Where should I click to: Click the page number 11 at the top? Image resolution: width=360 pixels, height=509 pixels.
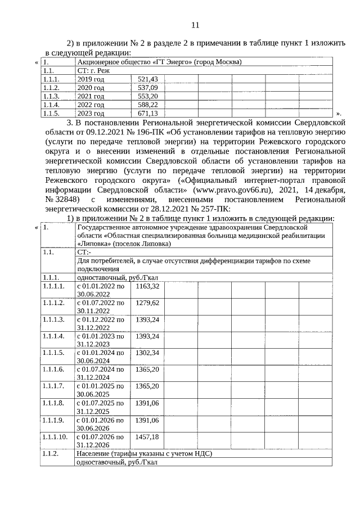coord(195,25)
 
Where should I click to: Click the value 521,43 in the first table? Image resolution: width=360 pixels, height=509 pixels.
coord(148,79)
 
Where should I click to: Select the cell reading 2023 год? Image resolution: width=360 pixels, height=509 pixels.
coord(91,113)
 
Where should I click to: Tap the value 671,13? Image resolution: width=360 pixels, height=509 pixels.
coord(148,113)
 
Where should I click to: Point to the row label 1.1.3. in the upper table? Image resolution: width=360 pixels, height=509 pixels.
coord(51,96)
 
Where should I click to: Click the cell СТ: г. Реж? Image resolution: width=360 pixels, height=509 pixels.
coord(93,71)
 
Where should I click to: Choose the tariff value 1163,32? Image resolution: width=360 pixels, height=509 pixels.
coord(148,286)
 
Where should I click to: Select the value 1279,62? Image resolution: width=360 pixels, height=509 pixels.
coord(148,303)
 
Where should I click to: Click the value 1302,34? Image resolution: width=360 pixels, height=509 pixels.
coord(148,353)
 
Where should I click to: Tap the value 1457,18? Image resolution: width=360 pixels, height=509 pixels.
coord(148,436)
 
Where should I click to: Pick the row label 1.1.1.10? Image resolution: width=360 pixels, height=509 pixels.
coord(55,436)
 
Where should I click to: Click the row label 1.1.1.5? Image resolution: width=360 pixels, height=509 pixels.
coord(53,353)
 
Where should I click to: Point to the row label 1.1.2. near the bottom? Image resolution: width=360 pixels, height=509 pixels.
coord(51,453)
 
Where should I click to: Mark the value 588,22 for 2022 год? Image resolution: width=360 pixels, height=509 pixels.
coord(148,105)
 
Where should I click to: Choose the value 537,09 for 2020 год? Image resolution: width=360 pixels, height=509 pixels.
coord(148,88)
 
